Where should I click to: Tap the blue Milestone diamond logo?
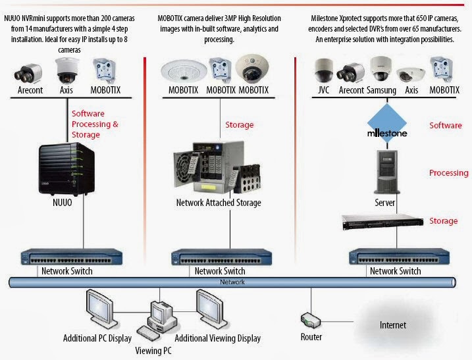point(386,127)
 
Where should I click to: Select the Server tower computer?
point(387,172)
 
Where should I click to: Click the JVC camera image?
point(324,68)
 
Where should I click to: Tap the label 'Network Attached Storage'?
point(218,203)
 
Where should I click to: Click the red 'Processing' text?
point(448,173)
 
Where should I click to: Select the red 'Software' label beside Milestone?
point(446,125)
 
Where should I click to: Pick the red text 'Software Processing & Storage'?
point(95,124)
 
